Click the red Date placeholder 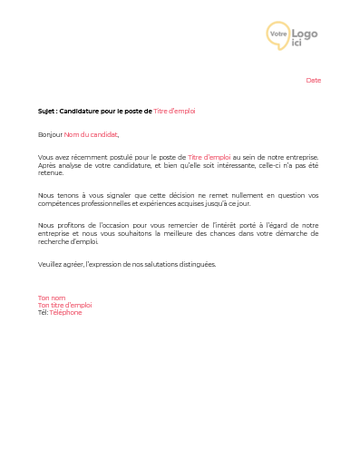point(313,81)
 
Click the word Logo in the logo point(305,34)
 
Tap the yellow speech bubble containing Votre point(277,34)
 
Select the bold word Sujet point(45,111)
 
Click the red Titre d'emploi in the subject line point(174,111)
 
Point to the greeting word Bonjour point(50,134)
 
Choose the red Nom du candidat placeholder point(91,134)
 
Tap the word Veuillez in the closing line point(51,264)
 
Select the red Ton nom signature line point(52,298)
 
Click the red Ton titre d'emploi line point(64,305)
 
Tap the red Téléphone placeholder point(65,312)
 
